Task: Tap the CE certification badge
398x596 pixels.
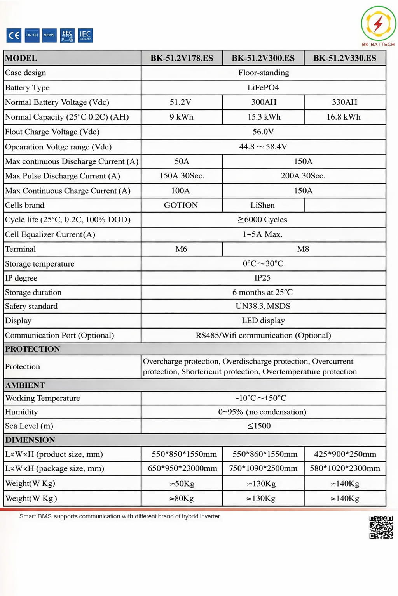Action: [x=14, y=35]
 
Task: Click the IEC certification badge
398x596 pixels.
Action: [x=85, y=35]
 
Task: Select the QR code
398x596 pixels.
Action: [x=381, y=527]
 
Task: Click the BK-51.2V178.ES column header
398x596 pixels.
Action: [x=182, y=58]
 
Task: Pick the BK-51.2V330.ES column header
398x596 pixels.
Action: [x=344, y=58]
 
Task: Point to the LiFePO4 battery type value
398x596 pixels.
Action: [x=263, y=87]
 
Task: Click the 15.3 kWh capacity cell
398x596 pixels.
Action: [x=264, y=117]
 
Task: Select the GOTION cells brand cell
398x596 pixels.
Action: [x=181, y=205]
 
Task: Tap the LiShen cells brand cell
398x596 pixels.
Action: [x=262, y=205]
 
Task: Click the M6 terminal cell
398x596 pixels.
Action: [x=181, y=249]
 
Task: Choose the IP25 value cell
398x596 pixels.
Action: [x=262, y=278]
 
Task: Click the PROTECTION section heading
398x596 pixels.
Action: [x=33, y=349]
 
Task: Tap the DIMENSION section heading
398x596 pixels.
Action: [x=30, y=440]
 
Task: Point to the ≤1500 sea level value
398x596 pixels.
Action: [x=259, y=426]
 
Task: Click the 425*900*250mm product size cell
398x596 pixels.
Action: [x=345, y=454]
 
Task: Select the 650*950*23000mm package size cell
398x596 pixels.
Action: [x=182, y=468]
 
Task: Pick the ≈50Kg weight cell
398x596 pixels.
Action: [x=182, y=483]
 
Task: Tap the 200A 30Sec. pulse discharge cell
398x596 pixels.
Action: [x=303, y=176]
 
